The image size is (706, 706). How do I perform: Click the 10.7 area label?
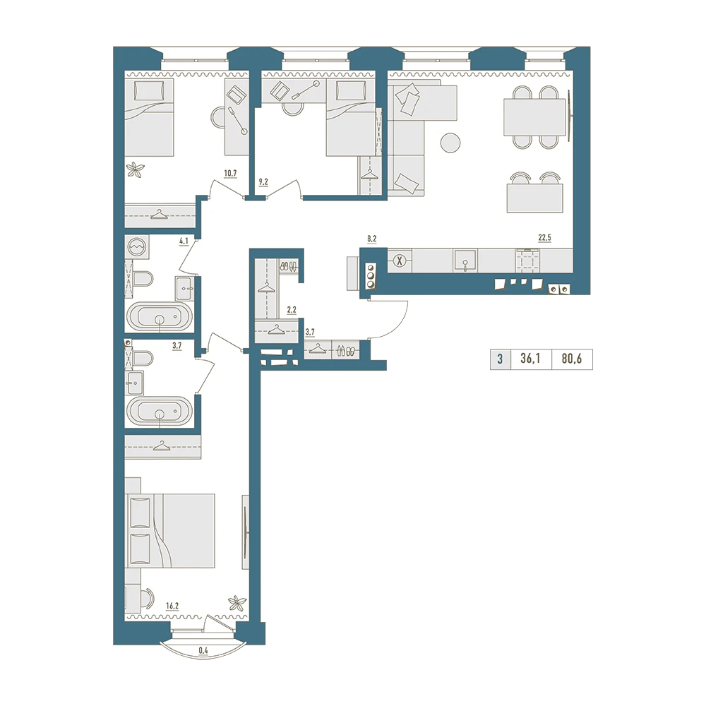click(x=230, y=173)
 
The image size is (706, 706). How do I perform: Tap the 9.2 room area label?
click(x=263, y=182)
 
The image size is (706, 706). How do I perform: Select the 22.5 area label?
click(x=544, y=238)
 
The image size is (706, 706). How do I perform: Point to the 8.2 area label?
click(x=371, y=239)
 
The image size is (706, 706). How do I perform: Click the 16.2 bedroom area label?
click(x=172, y=606)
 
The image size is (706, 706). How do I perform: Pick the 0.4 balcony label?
click(x=203, y=651)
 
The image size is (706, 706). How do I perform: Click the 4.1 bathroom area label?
click(x=184, y=241)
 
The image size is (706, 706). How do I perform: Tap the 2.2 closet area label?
click(x=292, y=310)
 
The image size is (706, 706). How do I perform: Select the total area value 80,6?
click(x=572, y=359)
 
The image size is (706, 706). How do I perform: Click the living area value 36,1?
click(x=530, y=359)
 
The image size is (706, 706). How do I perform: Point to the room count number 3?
click(x=500, y=359)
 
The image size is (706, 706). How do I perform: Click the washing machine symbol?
click(x=137, y=247)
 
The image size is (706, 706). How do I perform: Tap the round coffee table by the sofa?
click(x=450, y=143)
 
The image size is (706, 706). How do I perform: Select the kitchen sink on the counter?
click(x=465, y=261)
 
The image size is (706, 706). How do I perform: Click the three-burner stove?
click(x=371, y=275)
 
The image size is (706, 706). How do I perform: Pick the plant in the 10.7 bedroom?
click(x=135, y=169)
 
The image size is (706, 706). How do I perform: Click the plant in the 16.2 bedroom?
click(x=237, y=603)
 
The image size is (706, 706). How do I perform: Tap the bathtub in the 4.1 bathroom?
click(x=160, y=317)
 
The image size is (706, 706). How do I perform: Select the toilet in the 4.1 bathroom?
click(x=143, y=279)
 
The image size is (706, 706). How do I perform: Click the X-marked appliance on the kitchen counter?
click(x=399, y=261)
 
